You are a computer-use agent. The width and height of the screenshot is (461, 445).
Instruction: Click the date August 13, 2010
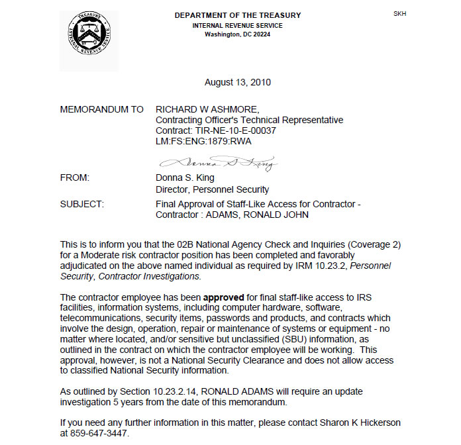(x=238, y=83)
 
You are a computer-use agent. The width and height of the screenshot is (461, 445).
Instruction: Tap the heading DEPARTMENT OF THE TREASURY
(x=238, y=15)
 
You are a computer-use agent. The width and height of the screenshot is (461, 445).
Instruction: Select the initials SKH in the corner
(x=400, y=13)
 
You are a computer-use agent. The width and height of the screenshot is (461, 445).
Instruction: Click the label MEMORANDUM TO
(x=101, y=109)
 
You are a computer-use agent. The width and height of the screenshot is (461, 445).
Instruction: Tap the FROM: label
(x=75, y=178)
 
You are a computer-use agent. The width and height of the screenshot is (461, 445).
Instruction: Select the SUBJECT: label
(x=81, y=204)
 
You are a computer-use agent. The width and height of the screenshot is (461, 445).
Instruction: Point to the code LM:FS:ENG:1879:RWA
(x=203, y=141)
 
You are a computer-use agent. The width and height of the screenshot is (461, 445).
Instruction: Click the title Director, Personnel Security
(x=212, y=189)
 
